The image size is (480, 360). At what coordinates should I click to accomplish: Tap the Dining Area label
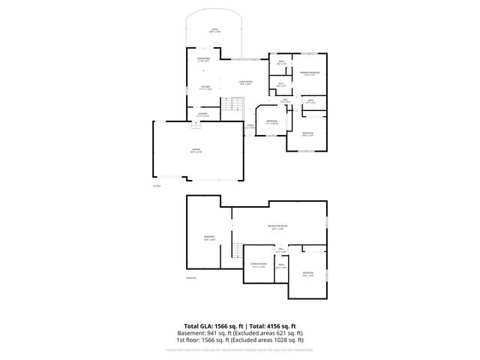[203, 59]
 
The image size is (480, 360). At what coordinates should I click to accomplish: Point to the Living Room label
[245, 82]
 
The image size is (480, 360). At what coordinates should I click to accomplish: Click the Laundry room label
[202, 115]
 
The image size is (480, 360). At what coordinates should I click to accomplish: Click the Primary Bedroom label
[310, 73]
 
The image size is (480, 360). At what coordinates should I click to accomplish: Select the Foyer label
[250, 126]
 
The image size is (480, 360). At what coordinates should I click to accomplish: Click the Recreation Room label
[278, 226]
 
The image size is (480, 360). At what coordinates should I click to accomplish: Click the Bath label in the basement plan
[281, 265]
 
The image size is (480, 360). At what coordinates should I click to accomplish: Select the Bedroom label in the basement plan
[308, 272]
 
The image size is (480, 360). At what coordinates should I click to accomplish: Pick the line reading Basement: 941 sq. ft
[240, 333]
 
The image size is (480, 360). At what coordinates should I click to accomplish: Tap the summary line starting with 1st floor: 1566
[240, 340]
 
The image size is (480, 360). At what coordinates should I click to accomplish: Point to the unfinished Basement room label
[209, 238]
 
